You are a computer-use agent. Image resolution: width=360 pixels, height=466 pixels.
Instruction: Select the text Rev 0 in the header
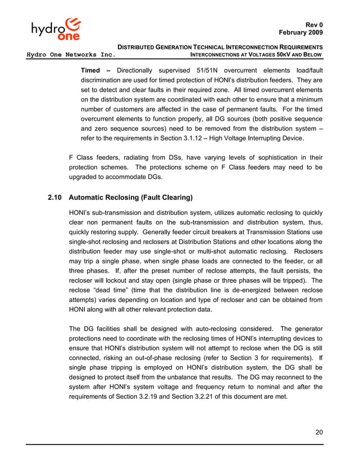pyautogui.click(x=313, y=25)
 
